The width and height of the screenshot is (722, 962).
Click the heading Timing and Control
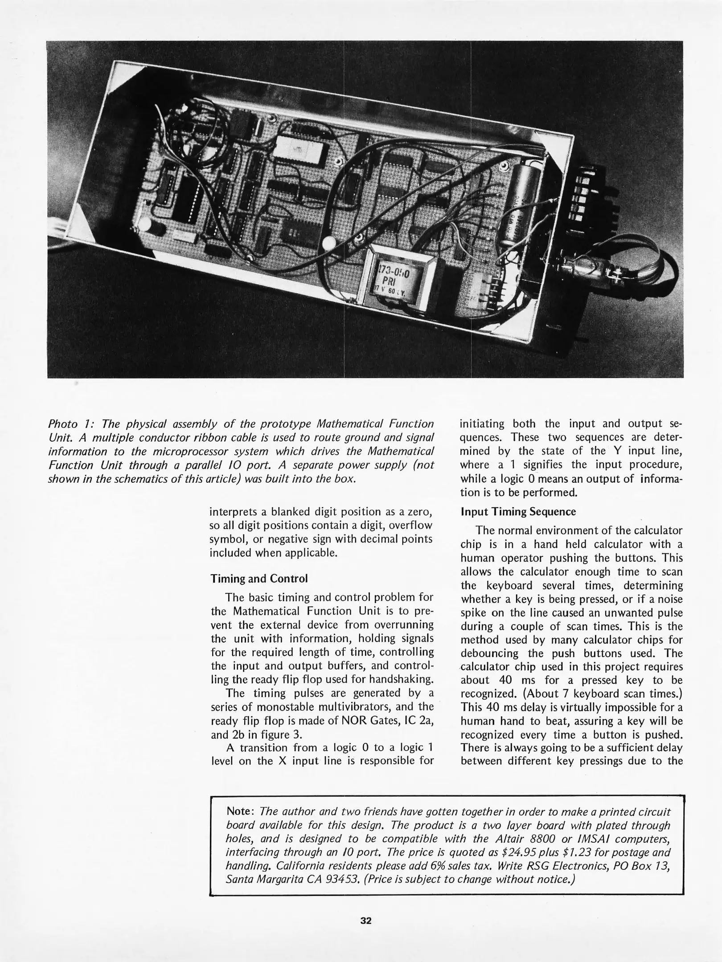click(259, 579)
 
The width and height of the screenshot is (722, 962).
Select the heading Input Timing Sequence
click(518, 512)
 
